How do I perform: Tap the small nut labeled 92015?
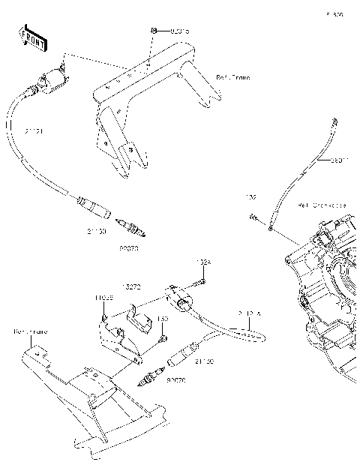[x=153, y=30]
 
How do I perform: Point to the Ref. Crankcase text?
[x=322, y=204]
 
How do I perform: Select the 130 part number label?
[x=160, y=318]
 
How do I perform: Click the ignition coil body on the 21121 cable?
[x=49, y=79]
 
